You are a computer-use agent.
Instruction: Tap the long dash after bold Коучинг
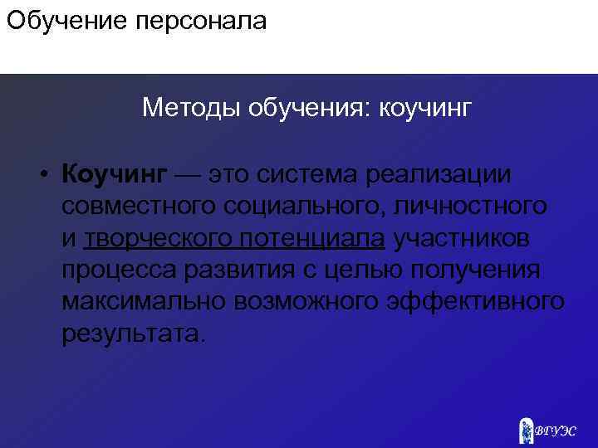pos(189,176)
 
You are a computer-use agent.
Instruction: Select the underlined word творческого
pos(158,239)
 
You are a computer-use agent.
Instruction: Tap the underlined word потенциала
pos(313,239)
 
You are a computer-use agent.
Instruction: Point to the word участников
pos(462,239)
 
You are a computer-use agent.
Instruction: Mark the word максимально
pos(140,302)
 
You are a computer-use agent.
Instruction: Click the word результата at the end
pos(129,334)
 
